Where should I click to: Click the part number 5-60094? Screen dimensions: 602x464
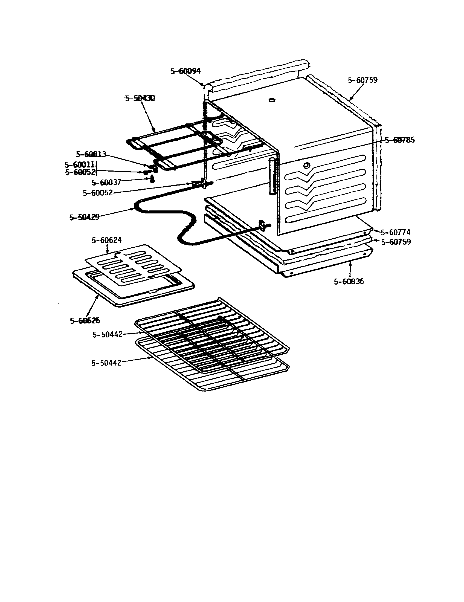point(185,71)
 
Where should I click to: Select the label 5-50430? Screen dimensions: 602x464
point(140,99)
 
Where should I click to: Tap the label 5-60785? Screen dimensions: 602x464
point(399,140)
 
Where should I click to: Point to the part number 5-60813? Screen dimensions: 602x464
point(91,154)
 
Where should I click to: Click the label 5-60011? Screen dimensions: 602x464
point(80,164)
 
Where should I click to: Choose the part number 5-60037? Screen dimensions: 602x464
point(106,183)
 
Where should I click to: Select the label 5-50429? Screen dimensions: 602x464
point(84,217)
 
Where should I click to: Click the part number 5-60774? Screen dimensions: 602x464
point(395,232)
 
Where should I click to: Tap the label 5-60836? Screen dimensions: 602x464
point(349,281)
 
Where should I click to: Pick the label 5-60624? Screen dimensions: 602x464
point(107,240)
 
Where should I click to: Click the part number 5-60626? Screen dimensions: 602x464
point(85,321)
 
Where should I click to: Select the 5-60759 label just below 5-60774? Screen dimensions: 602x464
point(396,242)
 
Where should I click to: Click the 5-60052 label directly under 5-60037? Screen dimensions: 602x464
point(98,193)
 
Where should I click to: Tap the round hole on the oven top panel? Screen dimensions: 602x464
point(272,100)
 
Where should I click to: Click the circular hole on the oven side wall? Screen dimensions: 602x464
point(306,166)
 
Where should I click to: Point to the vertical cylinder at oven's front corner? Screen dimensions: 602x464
point(272,176)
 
